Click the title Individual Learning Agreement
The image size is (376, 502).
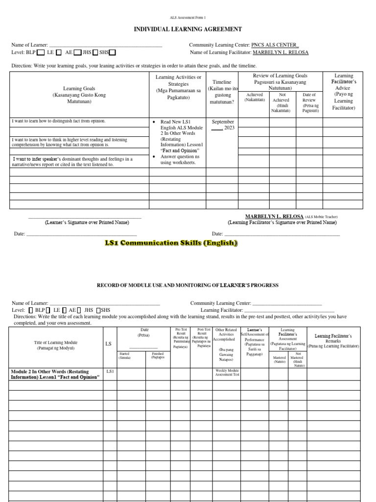(188, 29)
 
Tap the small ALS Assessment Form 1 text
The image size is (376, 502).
(188, 17)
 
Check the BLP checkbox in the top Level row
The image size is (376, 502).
(41, 52)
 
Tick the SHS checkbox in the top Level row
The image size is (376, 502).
(113, 52)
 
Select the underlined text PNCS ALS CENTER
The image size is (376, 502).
(274, 45)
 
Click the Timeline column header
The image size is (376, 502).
(222, 92)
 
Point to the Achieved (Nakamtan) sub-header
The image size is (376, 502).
(255, 97)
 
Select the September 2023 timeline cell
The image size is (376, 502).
(223, 125)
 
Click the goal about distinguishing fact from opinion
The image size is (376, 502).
(59, 121)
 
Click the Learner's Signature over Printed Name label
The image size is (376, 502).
(87, 223)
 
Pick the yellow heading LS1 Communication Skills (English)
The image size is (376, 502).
(171, 243)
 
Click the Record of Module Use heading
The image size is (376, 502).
(188, 285)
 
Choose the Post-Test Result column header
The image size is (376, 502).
(203, 338)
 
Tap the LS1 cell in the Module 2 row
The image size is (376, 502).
(110, 372)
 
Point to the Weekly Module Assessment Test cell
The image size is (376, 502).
(227, 372)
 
